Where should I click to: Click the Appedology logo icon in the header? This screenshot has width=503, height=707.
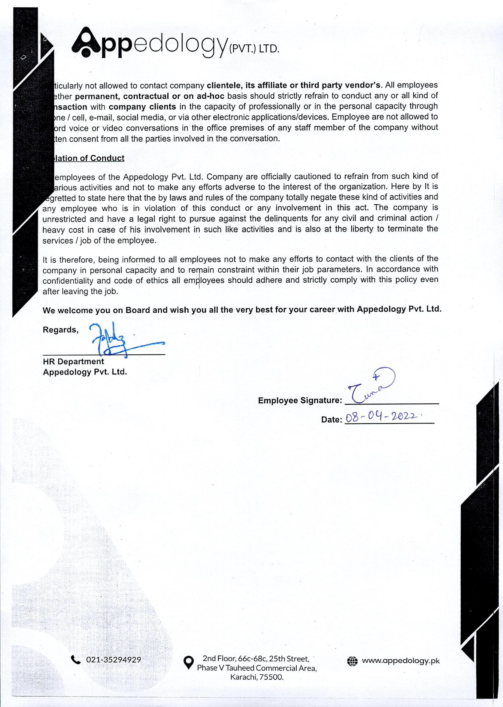click(86, 42)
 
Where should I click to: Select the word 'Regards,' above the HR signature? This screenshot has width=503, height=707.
click(60, 330)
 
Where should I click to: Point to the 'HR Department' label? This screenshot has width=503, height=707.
click(73, 361)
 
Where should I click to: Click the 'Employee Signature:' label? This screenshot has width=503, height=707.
click(300, 400)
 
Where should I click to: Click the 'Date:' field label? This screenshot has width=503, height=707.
click(331, 420)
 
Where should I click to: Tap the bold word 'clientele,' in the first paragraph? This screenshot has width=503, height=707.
click(224, 85)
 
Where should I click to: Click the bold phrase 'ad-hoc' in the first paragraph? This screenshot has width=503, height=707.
click(210, 96)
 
